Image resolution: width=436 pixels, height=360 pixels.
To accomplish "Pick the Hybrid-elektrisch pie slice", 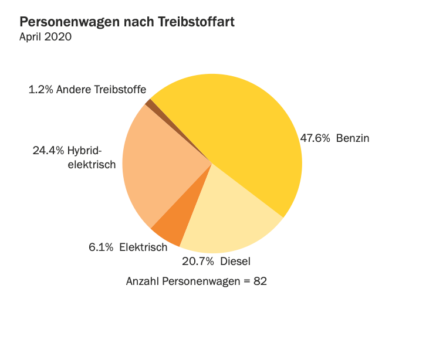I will (158, 170).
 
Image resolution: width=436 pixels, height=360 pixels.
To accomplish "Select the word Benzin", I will (353, 138).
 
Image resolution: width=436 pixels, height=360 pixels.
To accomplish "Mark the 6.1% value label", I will (101, 247).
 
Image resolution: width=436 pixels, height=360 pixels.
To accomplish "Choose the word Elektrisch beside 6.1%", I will (143, 247).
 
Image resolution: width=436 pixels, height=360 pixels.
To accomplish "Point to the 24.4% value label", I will (48, 150).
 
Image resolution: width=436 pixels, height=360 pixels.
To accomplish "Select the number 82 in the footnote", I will (261, 281).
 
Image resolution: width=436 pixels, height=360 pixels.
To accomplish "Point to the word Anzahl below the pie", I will (143, 281).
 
